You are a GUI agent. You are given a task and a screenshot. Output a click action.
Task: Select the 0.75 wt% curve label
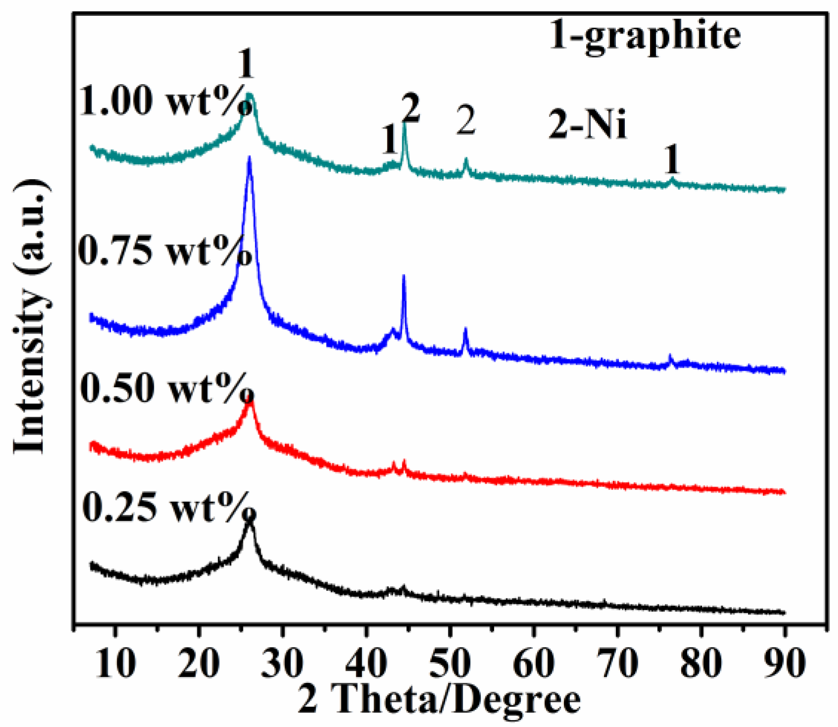(x=165, y=251)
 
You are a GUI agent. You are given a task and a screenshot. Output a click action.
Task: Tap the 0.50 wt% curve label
(x=166, y=388)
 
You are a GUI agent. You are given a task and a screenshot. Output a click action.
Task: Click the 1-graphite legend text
(x=645, y=36)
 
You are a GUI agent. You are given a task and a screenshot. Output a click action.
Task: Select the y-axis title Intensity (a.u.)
(x=31, y=317)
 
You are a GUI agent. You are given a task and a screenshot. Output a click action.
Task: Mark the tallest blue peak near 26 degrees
(x=249, y=158)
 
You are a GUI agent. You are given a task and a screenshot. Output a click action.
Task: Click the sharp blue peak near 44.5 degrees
(x=404, y=276)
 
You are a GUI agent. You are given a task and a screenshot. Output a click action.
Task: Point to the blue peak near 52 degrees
(x=465, y=330)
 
